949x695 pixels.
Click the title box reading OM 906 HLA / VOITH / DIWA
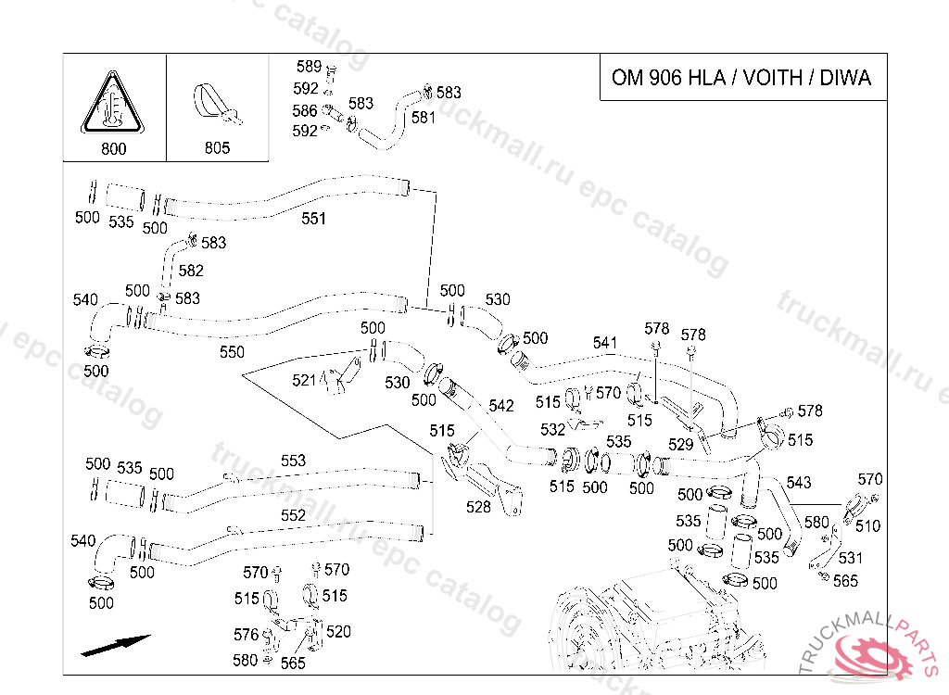[x=741, y=77]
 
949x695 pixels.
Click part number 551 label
[x=314, y=219]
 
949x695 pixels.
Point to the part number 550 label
[x=232, y=352]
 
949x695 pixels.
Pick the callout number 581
[x=424, y=118]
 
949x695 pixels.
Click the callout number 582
[x=191, y=272]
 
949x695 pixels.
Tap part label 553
[x=293, y=461]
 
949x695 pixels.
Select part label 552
[x=293, y=515]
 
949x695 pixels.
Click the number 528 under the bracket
[x=478, y=507]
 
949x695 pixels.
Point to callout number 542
[x=500, y=406]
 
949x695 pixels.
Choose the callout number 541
[x=604, y=343]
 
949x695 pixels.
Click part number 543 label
[x=798, y=483]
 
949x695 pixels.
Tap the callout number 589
[x=309, y=67]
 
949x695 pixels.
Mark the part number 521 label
[x=304, y=380]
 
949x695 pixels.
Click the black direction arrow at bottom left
[x=115, y=645]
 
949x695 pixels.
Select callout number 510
[x=867, y=525]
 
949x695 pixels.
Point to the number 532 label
[x=552, y=430]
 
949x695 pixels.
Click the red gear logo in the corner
[x=874, y=656]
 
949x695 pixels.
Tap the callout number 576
[x=246, y=635]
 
